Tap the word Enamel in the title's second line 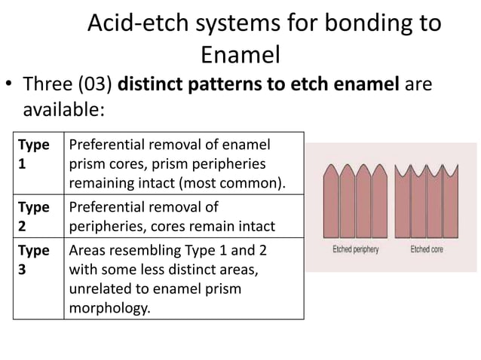click(x=240, y=55)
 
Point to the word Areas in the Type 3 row click(x=86, y=250)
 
